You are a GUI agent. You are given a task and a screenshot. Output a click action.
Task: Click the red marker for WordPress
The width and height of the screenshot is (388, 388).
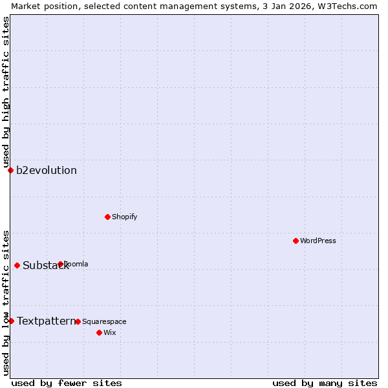pos(296,241)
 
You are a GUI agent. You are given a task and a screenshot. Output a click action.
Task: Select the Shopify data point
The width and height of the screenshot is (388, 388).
pos(107,217)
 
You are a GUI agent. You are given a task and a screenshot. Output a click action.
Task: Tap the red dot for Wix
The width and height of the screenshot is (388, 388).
pos(99,332)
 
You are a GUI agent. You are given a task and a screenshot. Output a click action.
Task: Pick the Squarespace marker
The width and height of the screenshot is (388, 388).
pos(78,321)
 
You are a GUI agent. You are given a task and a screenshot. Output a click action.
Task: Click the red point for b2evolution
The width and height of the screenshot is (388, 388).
pos(10,170)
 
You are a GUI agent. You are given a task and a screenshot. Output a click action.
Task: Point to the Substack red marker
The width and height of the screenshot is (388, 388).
pos(17,265)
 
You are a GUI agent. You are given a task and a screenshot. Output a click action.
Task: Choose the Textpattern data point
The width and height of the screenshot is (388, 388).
pos(11,321)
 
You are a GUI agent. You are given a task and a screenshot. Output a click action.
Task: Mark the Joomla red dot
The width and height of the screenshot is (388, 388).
pos(60,264)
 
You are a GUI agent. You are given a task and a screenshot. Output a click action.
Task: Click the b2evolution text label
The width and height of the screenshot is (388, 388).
pos(47,171)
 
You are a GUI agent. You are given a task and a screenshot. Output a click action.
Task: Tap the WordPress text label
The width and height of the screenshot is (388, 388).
pos(318,241)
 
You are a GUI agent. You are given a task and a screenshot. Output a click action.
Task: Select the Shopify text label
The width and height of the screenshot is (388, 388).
pos(124,217)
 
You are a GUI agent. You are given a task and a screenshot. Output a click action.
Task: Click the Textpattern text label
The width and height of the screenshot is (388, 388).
pos(46,321)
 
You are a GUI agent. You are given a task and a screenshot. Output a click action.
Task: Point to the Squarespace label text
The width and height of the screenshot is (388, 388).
pos(104,321)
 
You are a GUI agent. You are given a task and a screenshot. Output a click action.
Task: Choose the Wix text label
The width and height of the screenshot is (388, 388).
pos(109,332)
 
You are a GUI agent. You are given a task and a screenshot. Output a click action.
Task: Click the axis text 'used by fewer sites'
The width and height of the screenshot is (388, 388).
pos(67,383)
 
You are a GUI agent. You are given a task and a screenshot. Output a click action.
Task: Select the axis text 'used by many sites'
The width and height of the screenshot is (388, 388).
pos(325,383)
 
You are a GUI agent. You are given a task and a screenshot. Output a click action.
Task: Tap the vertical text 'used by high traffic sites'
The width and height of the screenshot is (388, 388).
pos(6,92)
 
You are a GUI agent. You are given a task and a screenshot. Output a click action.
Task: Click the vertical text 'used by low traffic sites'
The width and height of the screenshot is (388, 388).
pos(6,303)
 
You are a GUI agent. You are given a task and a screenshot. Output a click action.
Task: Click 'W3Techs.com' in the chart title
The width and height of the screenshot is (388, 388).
pos(349,6)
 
